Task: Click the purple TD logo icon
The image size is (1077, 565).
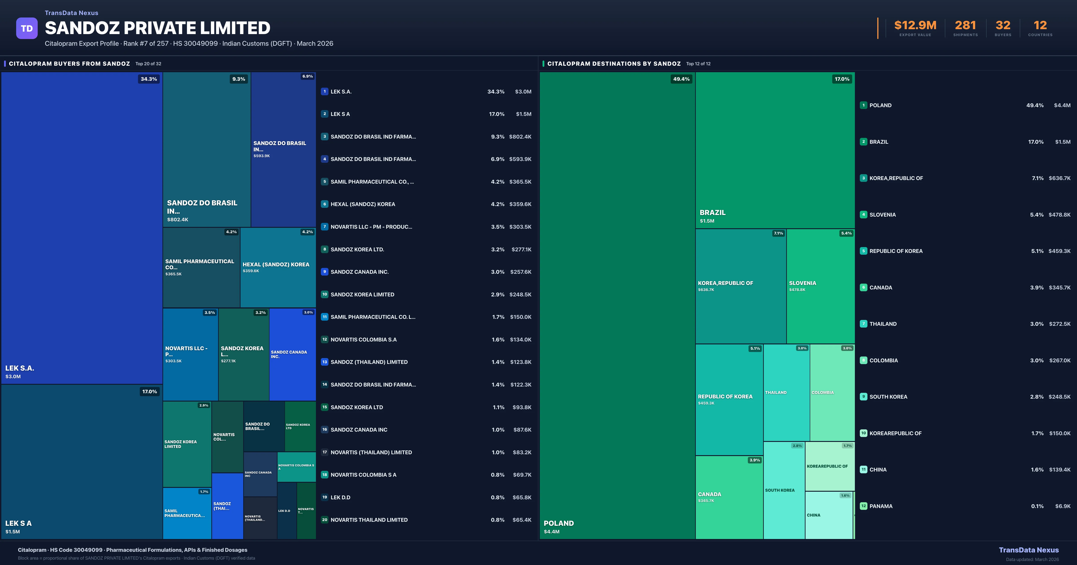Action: pyautogui.click(x=27, y=28)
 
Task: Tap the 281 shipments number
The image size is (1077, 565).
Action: pyautogui.click(x=965, y=26)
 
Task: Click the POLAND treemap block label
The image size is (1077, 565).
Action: pyautogui.click(x=558, y=523)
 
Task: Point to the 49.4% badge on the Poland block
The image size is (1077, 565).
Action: pyautogui.click(x=681, y=79)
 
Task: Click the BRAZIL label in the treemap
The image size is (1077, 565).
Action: pyautogui.click(x=712, y=213)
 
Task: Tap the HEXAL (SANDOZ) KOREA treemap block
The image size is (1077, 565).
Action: pyautogui.click(x=278, y=267)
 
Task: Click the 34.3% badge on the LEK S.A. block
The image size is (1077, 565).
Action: pyautogui.click(x=149, y=79)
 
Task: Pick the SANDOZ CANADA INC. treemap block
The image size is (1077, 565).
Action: pyautogui.click(x=292, y=354)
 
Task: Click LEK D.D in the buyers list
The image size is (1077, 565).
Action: pyautogui.click(x=340, y=497)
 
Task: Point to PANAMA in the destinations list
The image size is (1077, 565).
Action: pyautogui.click(x=881, y=506)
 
